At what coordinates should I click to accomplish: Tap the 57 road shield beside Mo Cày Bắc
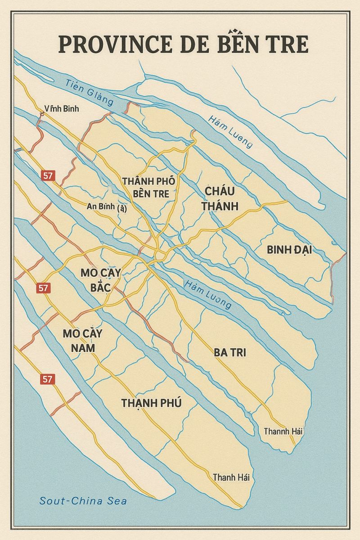tap(44, 288)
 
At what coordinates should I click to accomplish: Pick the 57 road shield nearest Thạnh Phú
tap(47, 379)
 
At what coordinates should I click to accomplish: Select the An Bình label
tap(106, 208)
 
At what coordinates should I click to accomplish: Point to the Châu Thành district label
tap(220, 198)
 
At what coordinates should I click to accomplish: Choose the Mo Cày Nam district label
tap(83, 341)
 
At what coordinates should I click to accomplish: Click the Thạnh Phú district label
tap(151, 403)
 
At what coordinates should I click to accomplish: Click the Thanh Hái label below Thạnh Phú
tap(231, 477)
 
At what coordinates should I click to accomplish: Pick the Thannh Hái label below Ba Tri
tap(283, 432)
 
